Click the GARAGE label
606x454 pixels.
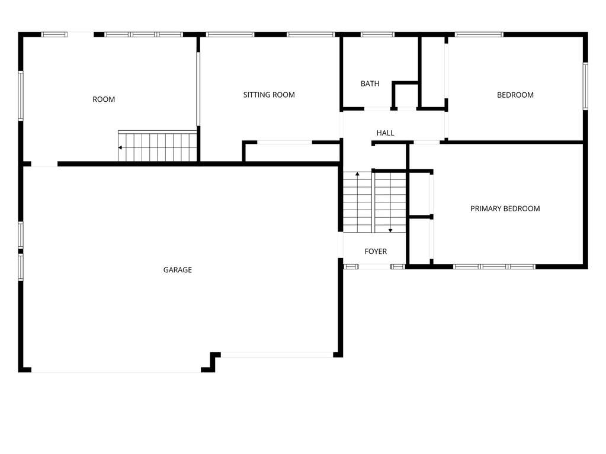coord(177,270)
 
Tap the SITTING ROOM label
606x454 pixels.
coord(269,95)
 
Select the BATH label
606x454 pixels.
coord(370,84)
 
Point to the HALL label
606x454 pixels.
coord(385,133)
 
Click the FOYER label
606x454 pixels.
coord(376,252)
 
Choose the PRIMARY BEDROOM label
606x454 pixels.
coord(505,209)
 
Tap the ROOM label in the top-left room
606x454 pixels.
coord(104,99)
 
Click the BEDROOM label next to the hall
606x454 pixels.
coord(515,95)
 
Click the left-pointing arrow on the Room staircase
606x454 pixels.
coord(121,147)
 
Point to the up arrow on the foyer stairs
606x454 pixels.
coord(357,175)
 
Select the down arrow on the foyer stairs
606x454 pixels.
coord(390,230)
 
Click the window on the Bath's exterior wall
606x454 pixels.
coord(377,34)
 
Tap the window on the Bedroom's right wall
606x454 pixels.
coord(585,86)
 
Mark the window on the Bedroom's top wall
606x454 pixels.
coord(479,34)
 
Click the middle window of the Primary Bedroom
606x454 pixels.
coord(494,267)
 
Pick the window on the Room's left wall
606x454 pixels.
coord(21,96)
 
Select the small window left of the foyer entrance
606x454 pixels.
coord(351,267)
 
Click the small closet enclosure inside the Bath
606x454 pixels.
coord(405,95)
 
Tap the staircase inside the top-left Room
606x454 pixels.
coord(158,146)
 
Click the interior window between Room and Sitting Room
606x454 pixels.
coord(198,89)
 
